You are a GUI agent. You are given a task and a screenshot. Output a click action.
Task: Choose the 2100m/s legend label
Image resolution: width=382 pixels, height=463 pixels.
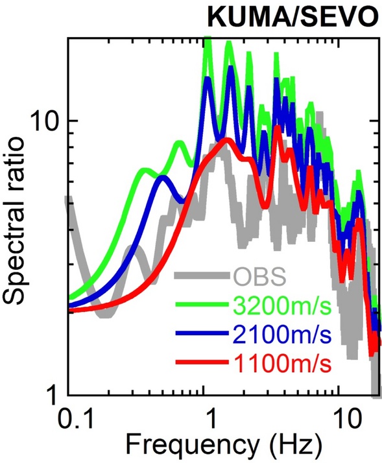click(281, 335)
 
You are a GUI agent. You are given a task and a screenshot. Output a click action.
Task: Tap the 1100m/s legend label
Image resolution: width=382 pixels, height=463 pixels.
click(281, 364)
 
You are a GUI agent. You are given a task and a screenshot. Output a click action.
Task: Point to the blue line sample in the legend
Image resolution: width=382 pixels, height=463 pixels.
click(201, 334)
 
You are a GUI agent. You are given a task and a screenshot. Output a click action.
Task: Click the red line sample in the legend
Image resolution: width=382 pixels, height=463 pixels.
click(201, 364)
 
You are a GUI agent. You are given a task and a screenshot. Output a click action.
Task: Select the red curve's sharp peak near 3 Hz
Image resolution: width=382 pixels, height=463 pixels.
click(278, 128)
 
